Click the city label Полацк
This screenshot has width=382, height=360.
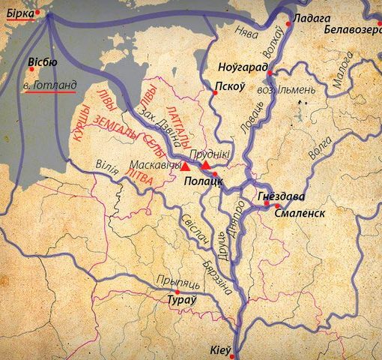201,181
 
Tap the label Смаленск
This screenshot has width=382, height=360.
300,213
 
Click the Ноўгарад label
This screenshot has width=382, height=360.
244,66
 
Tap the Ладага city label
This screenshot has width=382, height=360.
309,19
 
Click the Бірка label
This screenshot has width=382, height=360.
19,13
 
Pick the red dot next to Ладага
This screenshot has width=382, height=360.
288,25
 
